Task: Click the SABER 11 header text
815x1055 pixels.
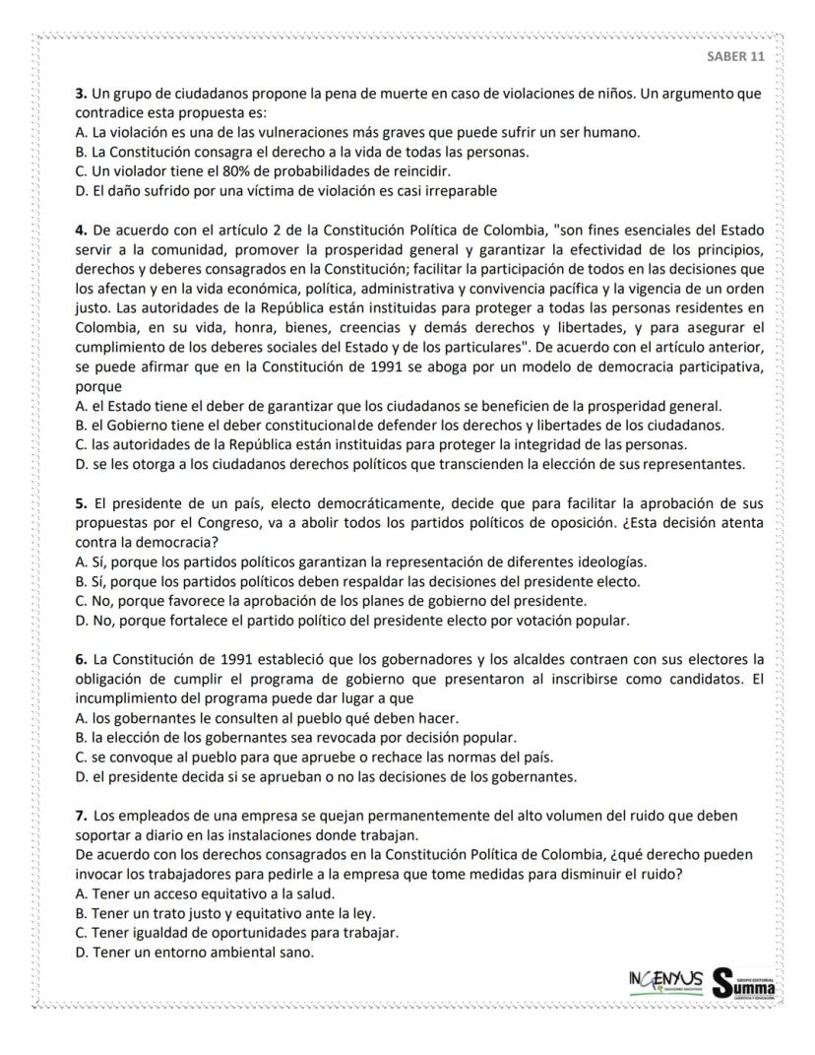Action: coord(735,56)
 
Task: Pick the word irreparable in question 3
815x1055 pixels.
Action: coord(456,190)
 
